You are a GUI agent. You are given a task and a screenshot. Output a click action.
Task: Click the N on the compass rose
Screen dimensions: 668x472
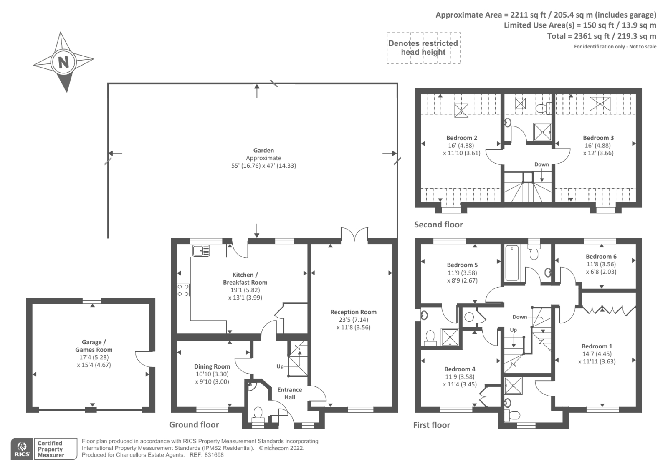tap(63, 62)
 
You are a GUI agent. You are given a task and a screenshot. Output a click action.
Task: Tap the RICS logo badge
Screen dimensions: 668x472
tap(22, 449)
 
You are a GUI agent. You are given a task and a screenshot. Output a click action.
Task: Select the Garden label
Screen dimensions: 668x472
tap(263, 151)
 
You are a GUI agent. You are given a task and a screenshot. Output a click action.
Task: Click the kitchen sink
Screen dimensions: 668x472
tap(201, 250)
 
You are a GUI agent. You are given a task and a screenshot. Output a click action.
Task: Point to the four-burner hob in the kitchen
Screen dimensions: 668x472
tap(183, 290)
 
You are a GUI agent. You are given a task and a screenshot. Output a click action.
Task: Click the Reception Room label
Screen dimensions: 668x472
tap(353, 312)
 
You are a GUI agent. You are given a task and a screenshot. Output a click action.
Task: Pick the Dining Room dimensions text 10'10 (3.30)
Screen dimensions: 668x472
tap(212, 374)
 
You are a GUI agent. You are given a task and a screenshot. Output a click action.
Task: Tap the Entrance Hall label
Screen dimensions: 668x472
tap(290, 393)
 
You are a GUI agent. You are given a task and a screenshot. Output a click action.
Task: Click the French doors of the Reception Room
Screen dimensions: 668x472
tap(354, 234)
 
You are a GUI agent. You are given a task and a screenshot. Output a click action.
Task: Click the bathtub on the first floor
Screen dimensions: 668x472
tap(512, 263)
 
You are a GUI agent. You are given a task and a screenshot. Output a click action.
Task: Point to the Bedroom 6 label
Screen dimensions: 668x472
tap(601, 256)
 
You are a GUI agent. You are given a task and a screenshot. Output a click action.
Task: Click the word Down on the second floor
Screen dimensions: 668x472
tap(541, 164)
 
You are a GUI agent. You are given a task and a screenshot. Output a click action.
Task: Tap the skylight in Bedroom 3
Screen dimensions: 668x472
tap(600, 104)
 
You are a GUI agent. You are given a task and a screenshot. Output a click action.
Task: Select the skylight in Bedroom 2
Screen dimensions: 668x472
tap(461, 110)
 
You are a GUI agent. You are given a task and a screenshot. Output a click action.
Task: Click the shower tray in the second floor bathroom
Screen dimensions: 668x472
tap(542, 132)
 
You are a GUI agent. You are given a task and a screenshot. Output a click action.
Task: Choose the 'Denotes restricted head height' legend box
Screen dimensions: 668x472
tap(423, 48)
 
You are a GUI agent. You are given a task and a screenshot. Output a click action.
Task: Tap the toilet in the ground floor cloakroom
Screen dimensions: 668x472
tap(258, 415)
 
